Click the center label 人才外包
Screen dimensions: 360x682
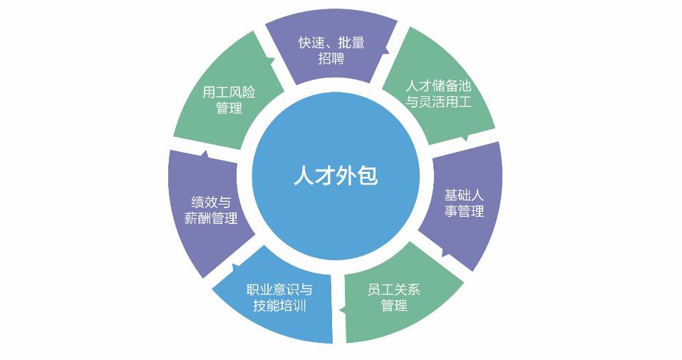[x=335, y=175]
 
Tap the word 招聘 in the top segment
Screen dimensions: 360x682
[x=331, y=58]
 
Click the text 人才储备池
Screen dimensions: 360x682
[x=438, y=86]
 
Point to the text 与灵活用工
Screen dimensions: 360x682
[x=438, y=102]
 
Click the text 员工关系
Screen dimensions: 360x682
[x=393, y=289]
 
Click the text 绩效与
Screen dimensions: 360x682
[x=211, y=202]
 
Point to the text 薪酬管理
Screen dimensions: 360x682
[x=211, y=219]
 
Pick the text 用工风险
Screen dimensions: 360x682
[x=229, y=93]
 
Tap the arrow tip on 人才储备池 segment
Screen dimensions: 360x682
[x=465, y=138]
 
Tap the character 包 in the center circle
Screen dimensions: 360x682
[x=366, y=175]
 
